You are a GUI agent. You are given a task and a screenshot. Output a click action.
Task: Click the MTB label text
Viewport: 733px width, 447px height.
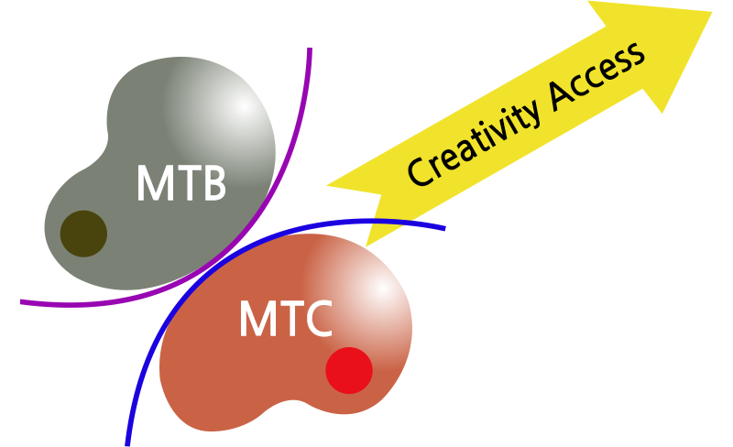(x=181, y=183)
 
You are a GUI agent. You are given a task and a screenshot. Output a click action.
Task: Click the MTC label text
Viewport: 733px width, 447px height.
(x=286, y=319)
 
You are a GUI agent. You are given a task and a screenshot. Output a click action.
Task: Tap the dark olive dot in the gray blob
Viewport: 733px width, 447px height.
(x=83, y=234)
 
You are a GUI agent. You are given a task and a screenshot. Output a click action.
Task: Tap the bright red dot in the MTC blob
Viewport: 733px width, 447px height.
(x=349, y=370)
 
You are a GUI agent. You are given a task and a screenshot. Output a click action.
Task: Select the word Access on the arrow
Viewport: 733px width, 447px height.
(x=597, y=77)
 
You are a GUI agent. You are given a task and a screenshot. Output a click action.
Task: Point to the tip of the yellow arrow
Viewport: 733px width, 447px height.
(x=712, y=12)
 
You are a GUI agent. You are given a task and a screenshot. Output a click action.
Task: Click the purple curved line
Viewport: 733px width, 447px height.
(x=234, y=238)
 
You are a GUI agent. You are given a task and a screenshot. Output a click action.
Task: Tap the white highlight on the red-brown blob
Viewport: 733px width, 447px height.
(x=382, y=289)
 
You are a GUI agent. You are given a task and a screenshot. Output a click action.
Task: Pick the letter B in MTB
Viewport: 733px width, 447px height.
(x=215, y=183)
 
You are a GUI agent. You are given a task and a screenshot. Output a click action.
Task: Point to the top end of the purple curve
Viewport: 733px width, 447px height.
(x=310, y=48)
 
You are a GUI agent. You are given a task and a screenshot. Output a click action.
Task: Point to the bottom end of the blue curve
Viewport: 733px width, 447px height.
(x=127, y=445)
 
